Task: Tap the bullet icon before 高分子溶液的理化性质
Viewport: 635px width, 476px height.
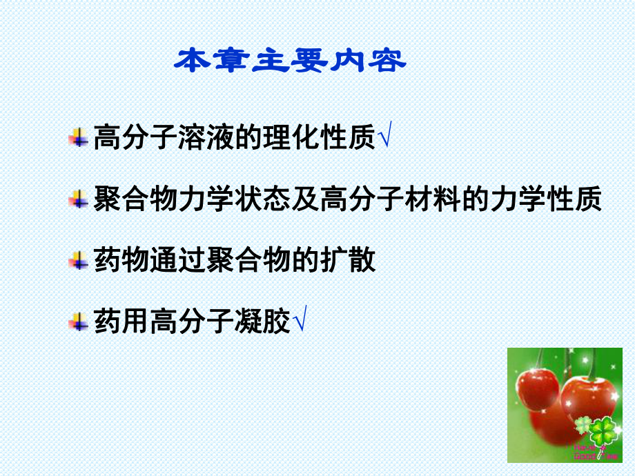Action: click(78, 137)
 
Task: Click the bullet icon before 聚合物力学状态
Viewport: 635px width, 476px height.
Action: click(78, 200)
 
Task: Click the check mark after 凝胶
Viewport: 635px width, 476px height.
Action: click(300, 321)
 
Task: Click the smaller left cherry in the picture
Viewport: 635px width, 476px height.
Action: click(538, 392)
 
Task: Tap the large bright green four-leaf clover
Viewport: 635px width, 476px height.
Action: click(603, 432)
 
